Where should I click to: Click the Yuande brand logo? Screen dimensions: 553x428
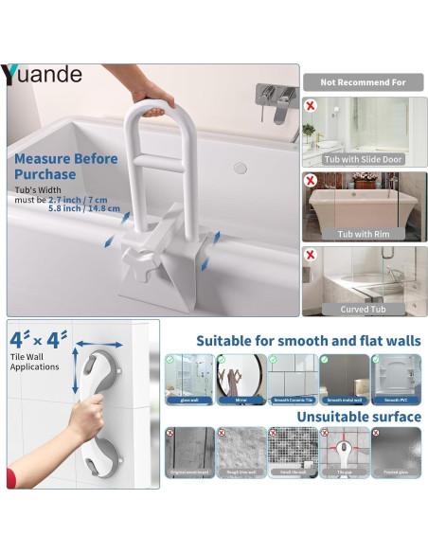coord(43,75)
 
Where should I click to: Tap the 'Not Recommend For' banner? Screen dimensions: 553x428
coord(364,82)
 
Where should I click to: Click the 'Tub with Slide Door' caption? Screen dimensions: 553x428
coord(365,159)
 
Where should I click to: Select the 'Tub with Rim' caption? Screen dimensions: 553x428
coord(365,234)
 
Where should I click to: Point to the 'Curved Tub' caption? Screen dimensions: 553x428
coord(365,309)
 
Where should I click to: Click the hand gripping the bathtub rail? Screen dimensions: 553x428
coord(152,92)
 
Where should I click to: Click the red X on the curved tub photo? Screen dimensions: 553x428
coord(311,255)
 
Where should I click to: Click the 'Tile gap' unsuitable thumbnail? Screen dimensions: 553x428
coord(344,453)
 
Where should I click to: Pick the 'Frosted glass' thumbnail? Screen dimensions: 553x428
coord(395,453)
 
